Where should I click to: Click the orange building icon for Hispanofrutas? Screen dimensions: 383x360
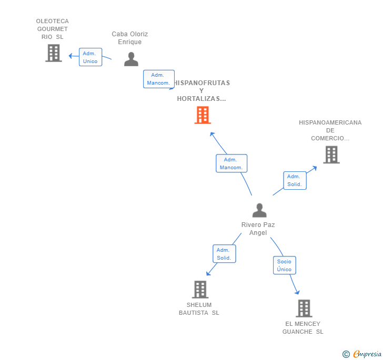click(203, 115)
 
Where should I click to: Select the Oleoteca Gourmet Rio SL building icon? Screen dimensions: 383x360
click(54, 53)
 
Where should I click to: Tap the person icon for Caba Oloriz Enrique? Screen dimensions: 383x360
click(131, 59)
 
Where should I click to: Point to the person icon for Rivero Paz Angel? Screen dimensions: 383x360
click(259, 210)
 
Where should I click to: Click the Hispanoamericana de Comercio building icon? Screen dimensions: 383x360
click(331, 155)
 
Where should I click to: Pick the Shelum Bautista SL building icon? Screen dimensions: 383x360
click(200, 290)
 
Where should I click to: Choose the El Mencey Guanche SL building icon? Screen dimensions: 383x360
click(304, 308)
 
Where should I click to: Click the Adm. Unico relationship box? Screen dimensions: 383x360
click(90, 57)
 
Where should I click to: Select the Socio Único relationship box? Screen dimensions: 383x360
click(284, 265)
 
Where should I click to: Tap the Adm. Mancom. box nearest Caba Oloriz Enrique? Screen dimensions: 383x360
click(159, 79)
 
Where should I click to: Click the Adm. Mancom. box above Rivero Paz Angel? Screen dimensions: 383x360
click(231, 163)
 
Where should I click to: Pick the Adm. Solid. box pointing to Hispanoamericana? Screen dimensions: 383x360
click(295, 180)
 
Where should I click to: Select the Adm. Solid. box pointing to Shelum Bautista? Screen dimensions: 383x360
click(224, 254)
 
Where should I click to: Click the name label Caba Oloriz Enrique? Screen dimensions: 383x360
click(130, 38)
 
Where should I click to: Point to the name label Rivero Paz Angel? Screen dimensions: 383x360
click(258, 229)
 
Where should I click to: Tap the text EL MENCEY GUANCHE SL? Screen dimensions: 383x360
click(303, 328)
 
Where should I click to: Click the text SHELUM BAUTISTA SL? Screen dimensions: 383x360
click(199, 308)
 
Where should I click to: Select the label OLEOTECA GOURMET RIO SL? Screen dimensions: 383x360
click(52, 29)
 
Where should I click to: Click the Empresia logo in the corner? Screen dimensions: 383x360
click(362, 354)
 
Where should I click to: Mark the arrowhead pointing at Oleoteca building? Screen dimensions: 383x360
click(70, 56)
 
